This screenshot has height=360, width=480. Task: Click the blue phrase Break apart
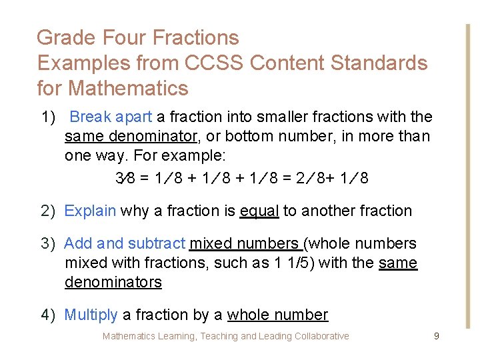click(x=111, y=117)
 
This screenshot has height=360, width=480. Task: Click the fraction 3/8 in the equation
click(x=125, y=179)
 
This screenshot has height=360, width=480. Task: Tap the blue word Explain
click(x=90, y=211)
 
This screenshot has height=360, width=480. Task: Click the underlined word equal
click(x=259, y=211)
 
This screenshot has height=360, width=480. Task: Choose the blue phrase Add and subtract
click(x=125, y=244)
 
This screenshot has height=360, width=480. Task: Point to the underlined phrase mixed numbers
click(x=245, y=244)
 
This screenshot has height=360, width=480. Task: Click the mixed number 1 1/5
click(x=291, y=263)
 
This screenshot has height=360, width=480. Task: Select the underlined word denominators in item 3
click(x=113, y=283)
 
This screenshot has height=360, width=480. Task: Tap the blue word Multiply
click(x=91, y=315)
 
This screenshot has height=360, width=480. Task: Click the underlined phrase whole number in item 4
click(x=277, y=315)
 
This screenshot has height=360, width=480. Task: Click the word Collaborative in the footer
click(x=319, y=337)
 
